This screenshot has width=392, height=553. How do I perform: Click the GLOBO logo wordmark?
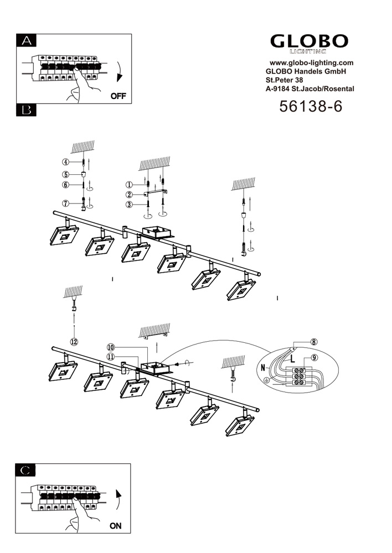(x=310, y=41)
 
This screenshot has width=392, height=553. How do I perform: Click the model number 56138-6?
(x=311, y=107)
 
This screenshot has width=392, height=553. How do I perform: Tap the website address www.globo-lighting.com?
(x=311, y=63)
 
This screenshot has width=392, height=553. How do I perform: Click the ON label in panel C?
(x=115, y=526)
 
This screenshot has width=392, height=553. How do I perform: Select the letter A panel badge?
(x=27, y=40)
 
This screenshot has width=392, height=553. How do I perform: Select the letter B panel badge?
(x=27, y=110)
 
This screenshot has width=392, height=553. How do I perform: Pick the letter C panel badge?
(x=27, y=470)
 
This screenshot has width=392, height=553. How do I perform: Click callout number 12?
(x=74, y=341)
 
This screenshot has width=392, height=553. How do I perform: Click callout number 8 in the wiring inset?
(x=314, y=342)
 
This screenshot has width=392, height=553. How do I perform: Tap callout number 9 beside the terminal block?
(x=314, y=358)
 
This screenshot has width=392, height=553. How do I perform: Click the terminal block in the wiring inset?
(x=301, y=376)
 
